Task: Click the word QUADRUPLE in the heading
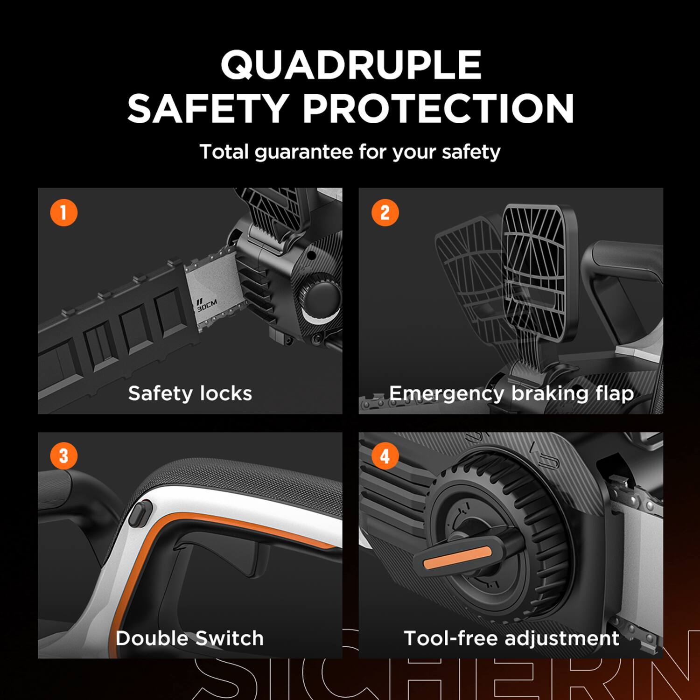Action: point(350,65)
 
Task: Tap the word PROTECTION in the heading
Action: point(438,109)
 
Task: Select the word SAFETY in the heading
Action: point(207,109)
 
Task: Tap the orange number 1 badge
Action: point(63,213)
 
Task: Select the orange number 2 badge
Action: point(385,213)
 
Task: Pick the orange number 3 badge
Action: point(63,456)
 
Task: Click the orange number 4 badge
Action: point(385,456)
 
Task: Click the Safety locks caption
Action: point(190,393)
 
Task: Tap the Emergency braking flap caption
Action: point(511,393)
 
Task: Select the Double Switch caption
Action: point(189,638)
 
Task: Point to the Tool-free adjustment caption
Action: point(511,638)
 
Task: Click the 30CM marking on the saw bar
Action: point(207,306)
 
